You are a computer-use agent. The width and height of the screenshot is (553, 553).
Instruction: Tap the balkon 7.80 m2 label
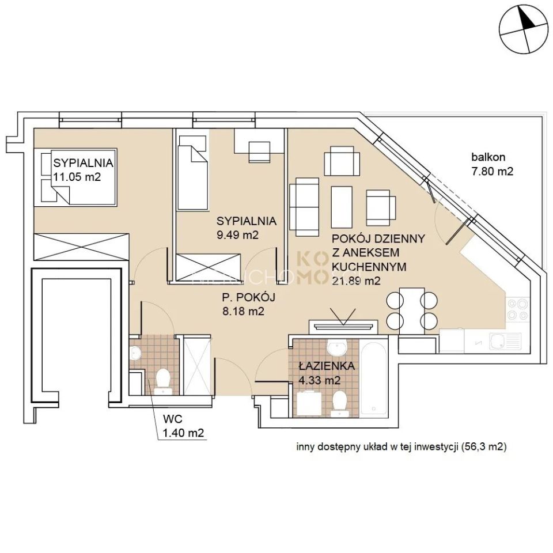(491, 164)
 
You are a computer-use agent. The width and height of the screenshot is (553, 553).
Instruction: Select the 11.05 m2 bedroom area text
(77, 177)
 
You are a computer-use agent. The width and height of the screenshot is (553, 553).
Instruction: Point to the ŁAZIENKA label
(327, 366)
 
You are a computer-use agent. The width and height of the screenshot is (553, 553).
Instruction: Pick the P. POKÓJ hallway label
(248, 297)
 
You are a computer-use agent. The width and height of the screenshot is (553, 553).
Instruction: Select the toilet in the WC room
(162, 381)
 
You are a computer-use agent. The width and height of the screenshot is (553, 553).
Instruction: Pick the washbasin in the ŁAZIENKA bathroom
(336, 347)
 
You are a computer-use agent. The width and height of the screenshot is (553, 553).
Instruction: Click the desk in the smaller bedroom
(259, 145)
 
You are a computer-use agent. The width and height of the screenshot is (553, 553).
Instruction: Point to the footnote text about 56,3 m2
(401, 446)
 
